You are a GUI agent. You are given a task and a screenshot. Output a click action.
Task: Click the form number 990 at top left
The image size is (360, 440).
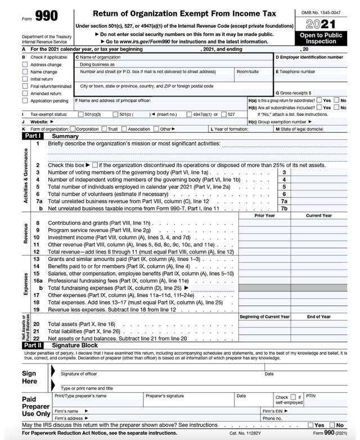[x=47, y=17]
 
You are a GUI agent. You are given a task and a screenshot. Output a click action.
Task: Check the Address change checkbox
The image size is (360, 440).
[x=25, y=65]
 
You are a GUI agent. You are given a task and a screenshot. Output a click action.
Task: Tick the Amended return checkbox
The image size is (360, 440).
[x=25, y=93]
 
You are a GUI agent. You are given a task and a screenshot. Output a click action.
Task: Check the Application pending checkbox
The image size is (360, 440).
[x=25, y=101]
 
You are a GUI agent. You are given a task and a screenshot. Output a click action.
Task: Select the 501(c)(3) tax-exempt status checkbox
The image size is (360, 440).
[x=80, y=114]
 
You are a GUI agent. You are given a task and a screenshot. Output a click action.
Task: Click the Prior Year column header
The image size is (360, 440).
[x=264, y=215]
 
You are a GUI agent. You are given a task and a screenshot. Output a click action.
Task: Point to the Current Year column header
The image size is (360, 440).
[x=319, y=215]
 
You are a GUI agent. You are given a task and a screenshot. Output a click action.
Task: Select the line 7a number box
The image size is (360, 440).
[x=284, y=201]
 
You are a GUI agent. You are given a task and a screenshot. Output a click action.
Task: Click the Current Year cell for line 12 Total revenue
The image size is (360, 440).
[x=319, y=252]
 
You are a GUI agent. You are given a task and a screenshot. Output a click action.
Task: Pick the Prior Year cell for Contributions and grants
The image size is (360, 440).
[x=264, y=223]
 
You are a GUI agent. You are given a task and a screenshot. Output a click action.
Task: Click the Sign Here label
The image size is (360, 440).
[x=29, y=378]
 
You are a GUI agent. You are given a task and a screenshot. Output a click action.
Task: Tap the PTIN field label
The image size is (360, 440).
[x=311, y=396]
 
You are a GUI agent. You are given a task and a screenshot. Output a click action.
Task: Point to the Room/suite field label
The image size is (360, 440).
[x=248, y=72]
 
